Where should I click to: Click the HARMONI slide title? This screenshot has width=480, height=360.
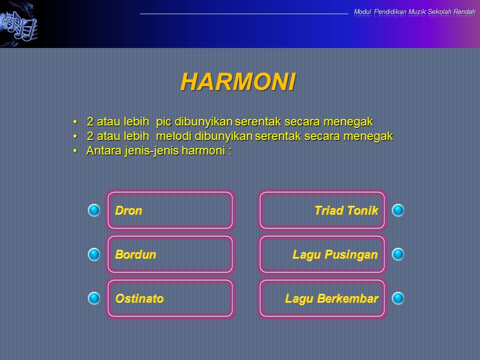point(238,81)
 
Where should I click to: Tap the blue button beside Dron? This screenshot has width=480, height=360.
point(94,210)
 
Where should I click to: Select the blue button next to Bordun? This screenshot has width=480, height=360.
point(94,254)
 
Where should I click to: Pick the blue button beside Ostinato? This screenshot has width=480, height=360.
point(94,298)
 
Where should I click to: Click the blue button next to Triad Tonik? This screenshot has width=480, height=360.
point(398,210)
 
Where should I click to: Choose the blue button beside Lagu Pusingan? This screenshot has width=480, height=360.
point(398,254)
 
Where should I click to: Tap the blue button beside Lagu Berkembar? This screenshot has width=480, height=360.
point(398,298)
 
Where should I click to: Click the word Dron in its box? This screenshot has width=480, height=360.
point(128,211)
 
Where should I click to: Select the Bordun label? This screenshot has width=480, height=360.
point(135,255)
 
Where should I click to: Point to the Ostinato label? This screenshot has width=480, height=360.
point(139,299)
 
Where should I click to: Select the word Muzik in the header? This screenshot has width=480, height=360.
point(417,11)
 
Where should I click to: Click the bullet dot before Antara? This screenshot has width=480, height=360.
point(75,151)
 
